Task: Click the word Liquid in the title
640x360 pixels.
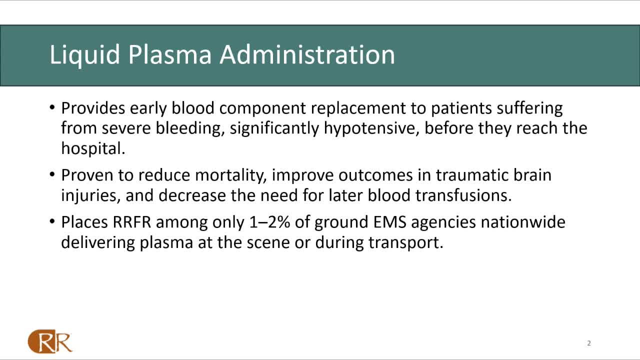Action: pos(85,55)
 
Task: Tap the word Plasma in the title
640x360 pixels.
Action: pos(169,54)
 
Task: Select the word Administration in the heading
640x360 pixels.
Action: pos(307,54)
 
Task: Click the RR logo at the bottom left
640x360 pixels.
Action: pos(50,341)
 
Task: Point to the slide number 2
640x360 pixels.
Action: pos(589,343)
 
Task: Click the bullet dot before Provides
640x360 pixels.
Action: pos(52,108)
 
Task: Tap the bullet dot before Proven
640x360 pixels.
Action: pos(52,174)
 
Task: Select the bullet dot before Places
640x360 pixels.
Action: pos(52,221)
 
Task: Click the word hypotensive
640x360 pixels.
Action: pos(371,128)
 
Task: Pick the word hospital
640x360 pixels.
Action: pos(93,149)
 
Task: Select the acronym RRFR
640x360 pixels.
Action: pos(131,222)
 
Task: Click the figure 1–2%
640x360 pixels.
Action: pos(269,222)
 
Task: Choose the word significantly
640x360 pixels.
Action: pos(274,128)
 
